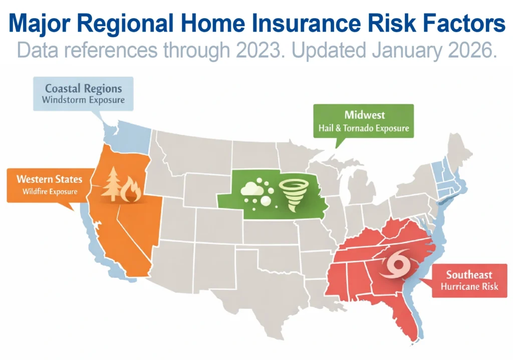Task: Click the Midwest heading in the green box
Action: pos(364,115)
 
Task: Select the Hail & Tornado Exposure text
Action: pos(364,128)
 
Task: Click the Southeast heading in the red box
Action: pos(469,275)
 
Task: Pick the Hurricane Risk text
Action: pos(469,287)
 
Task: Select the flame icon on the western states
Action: pos(132,190)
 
